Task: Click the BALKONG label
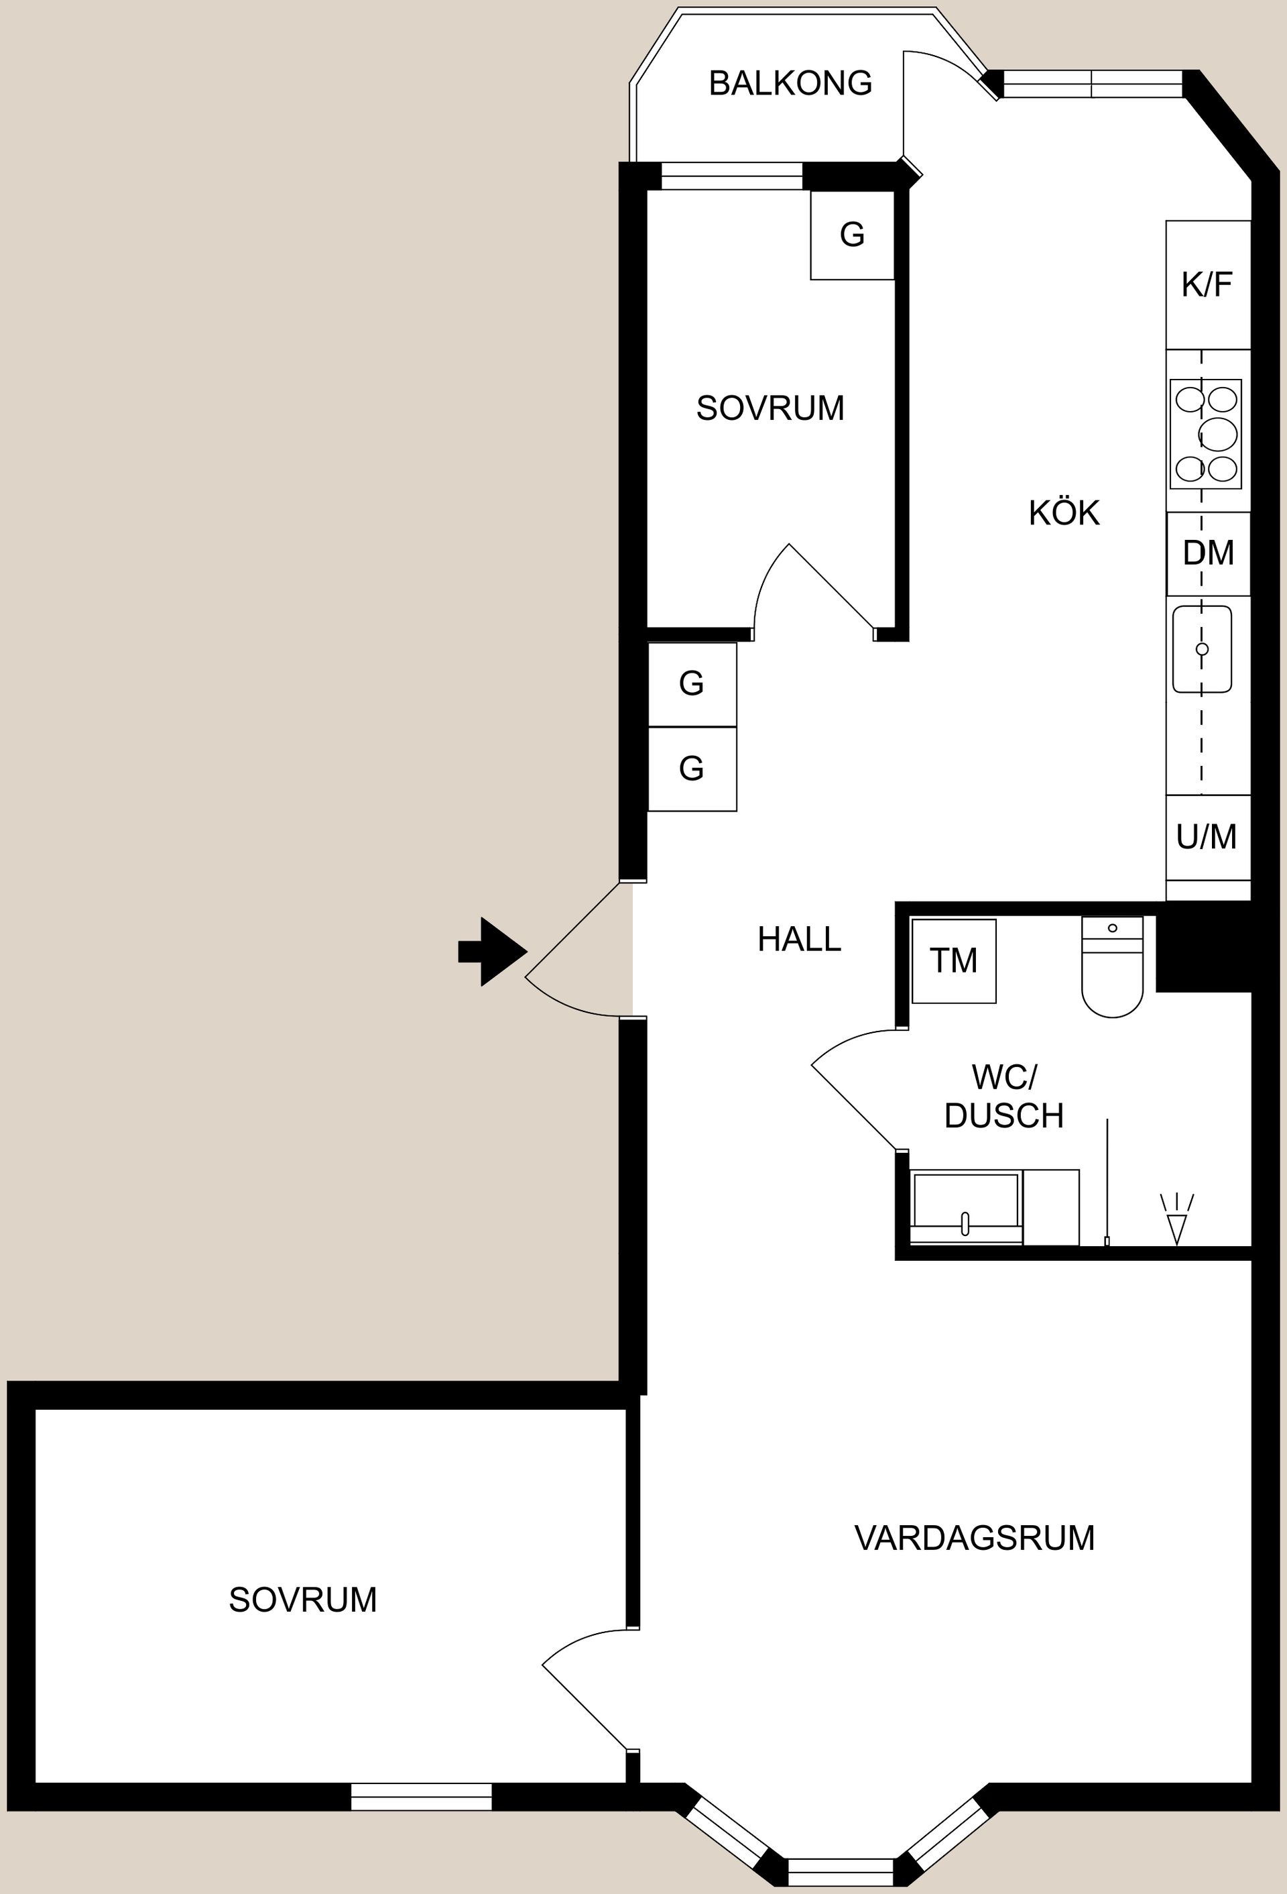point(790,83)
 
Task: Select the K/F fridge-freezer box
point(1207,284)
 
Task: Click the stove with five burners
point(1205,433)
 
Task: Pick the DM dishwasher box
point(1208,553)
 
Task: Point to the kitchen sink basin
point(1201,649)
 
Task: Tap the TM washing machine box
point(953,961)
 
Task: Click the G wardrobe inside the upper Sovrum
point(852,235)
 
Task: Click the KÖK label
point(1064,514)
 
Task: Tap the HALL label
point(799,940)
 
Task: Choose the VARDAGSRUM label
point(974,1538)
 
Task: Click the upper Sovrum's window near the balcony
point(731,176)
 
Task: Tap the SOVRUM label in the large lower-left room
point(303,1600)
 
